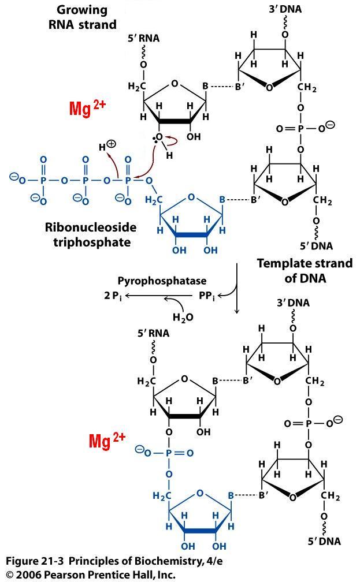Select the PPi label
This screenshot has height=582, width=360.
[206, 296]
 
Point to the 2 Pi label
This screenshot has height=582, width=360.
[113, 296]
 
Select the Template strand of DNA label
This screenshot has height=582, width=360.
[305, 270]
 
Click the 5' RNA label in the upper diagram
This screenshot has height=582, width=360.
[144, 39]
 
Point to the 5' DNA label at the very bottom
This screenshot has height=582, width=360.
[325, 541]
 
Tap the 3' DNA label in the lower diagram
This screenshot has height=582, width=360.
[294, 303]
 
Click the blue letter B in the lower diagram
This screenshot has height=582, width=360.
[231, 495]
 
